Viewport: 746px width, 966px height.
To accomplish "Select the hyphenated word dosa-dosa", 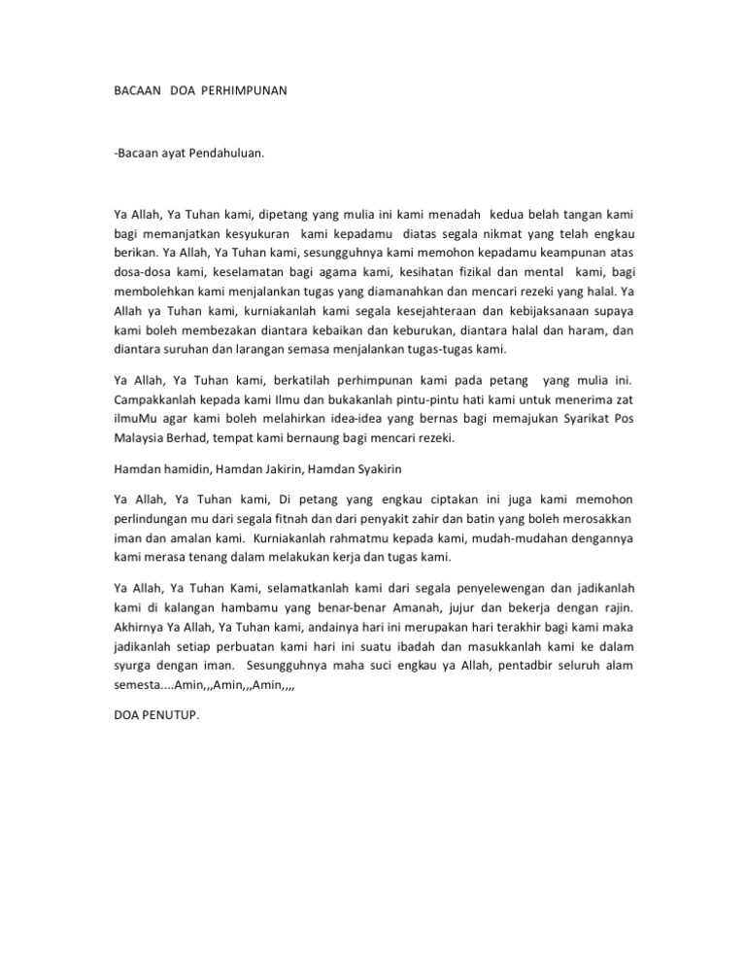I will (x=137, y=269).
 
